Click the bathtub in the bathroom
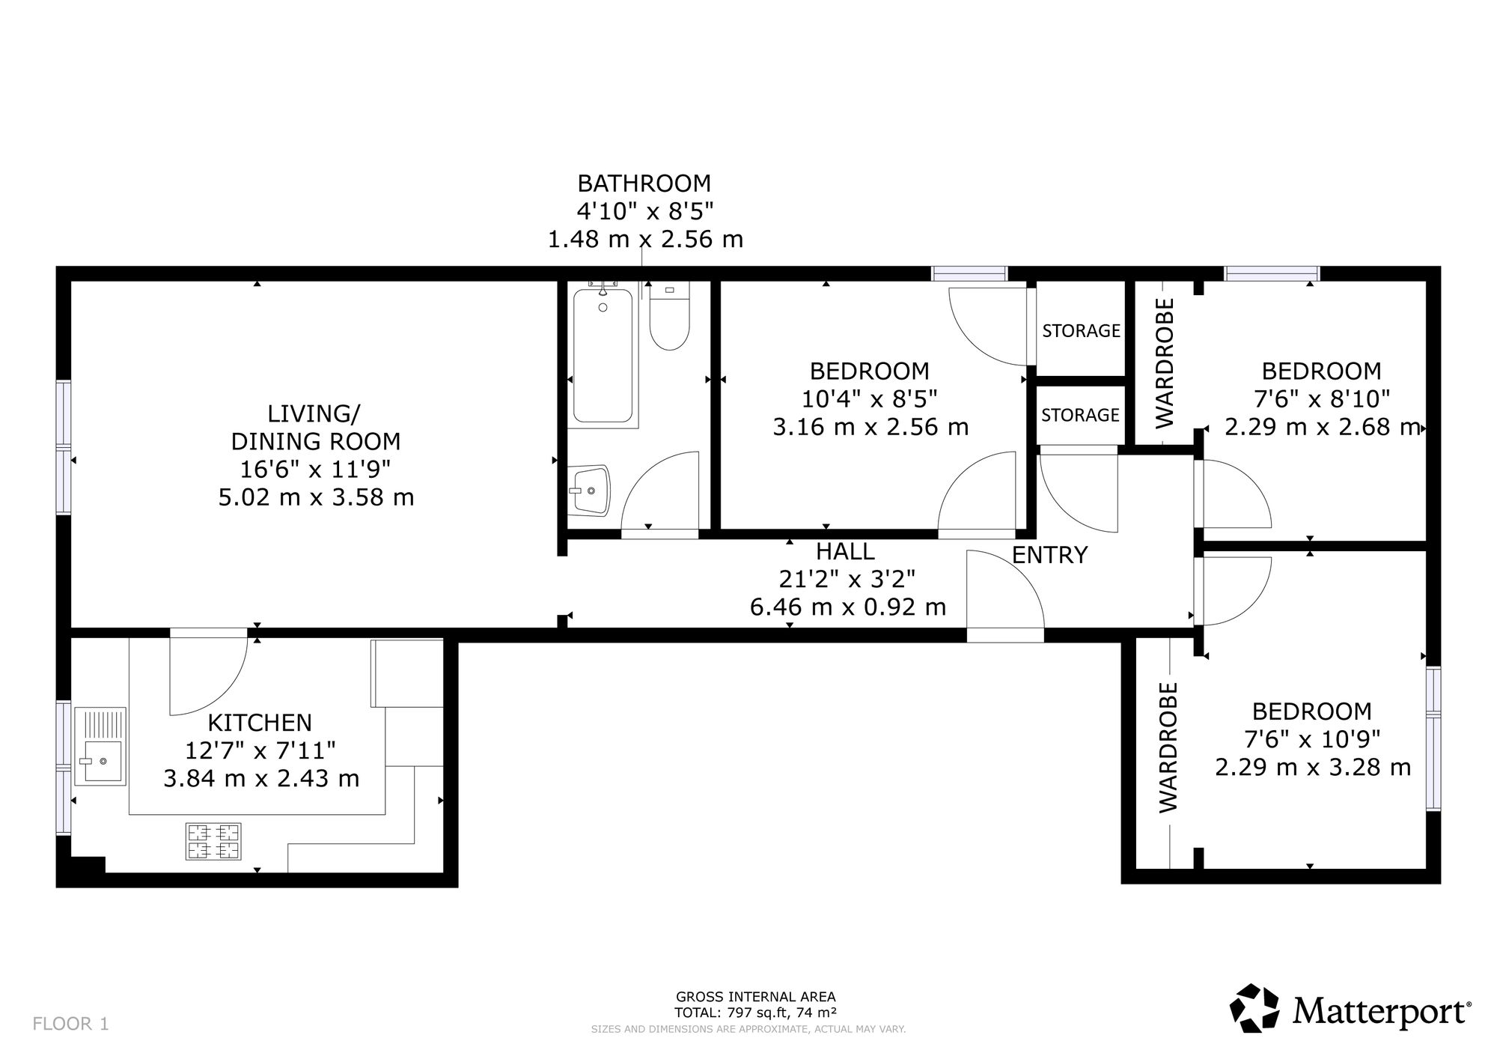point(603,356)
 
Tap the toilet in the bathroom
point(668,318)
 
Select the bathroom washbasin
point(589,491)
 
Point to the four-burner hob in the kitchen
point(214,841)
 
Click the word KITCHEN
point(260,723)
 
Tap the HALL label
point(845,551)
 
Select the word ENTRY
point(1049,555)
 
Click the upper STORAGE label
point(1081,330)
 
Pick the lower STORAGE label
point(1080,415)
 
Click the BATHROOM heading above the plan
point(644,183)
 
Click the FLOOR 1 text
point(71,1024)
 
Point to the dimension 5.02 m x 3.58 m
point(316,497)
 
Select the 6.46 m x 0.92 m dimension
point(848,607)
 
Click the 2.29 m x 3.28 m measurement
point(1313,768)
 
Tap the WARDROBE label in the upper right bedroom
point(1165,363)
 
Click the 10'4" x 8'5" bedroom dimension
point(870,398)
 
